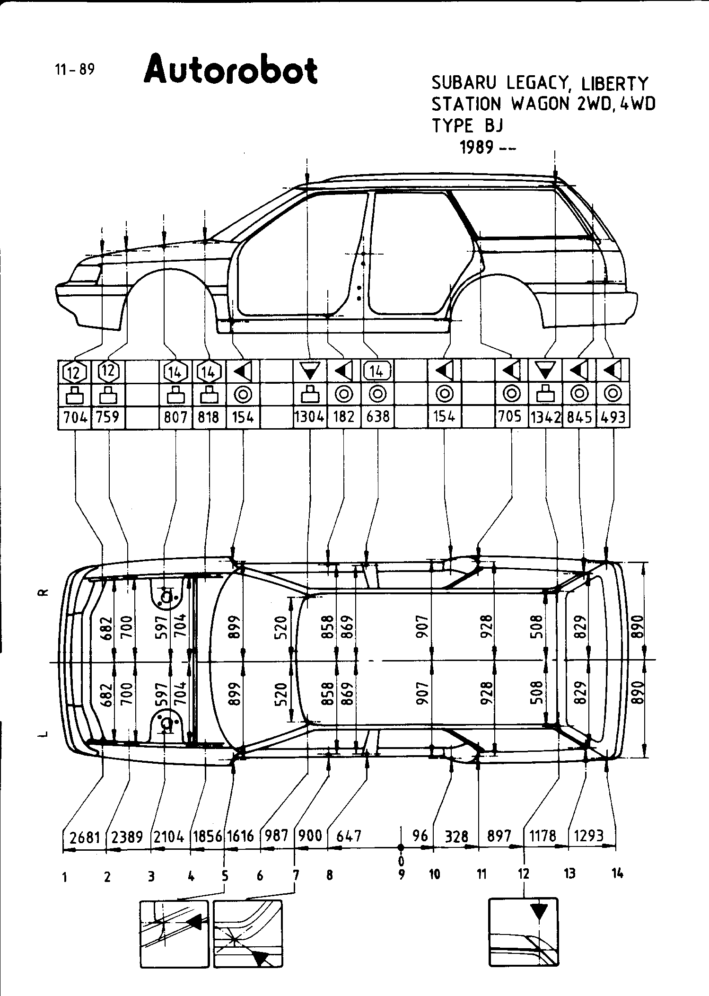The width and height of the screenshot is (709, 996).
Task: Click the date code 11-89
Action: pos(75,70)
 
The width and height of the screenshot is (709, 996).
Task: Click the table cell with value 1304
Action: pos(309,417)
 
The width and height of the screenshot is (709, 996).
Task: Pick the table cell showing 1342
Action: pos(545,417)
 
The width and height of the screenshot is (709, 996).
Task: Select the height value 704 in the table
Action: pos(75,417)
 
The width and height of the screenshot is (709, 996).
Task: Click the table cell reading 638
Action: pos(377,417)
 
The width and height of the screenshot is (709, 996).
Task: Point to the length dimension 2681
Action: pos(85,837)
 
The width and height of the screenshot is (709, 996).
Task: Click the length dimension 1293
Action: pos(588,836)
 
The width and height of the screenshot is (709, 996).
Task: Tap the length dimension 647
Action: pos(349,836)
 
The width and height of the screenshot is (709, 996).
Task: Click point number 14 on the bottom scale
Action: pos(617,874)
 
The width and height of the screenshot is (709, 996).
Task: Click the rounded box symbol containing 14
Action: pos(377,371)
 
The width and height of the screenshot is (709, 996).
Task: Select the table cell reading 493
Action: pos(613,417)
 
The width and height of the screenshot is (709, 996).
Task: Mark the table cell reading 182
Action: pos(343,417)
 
